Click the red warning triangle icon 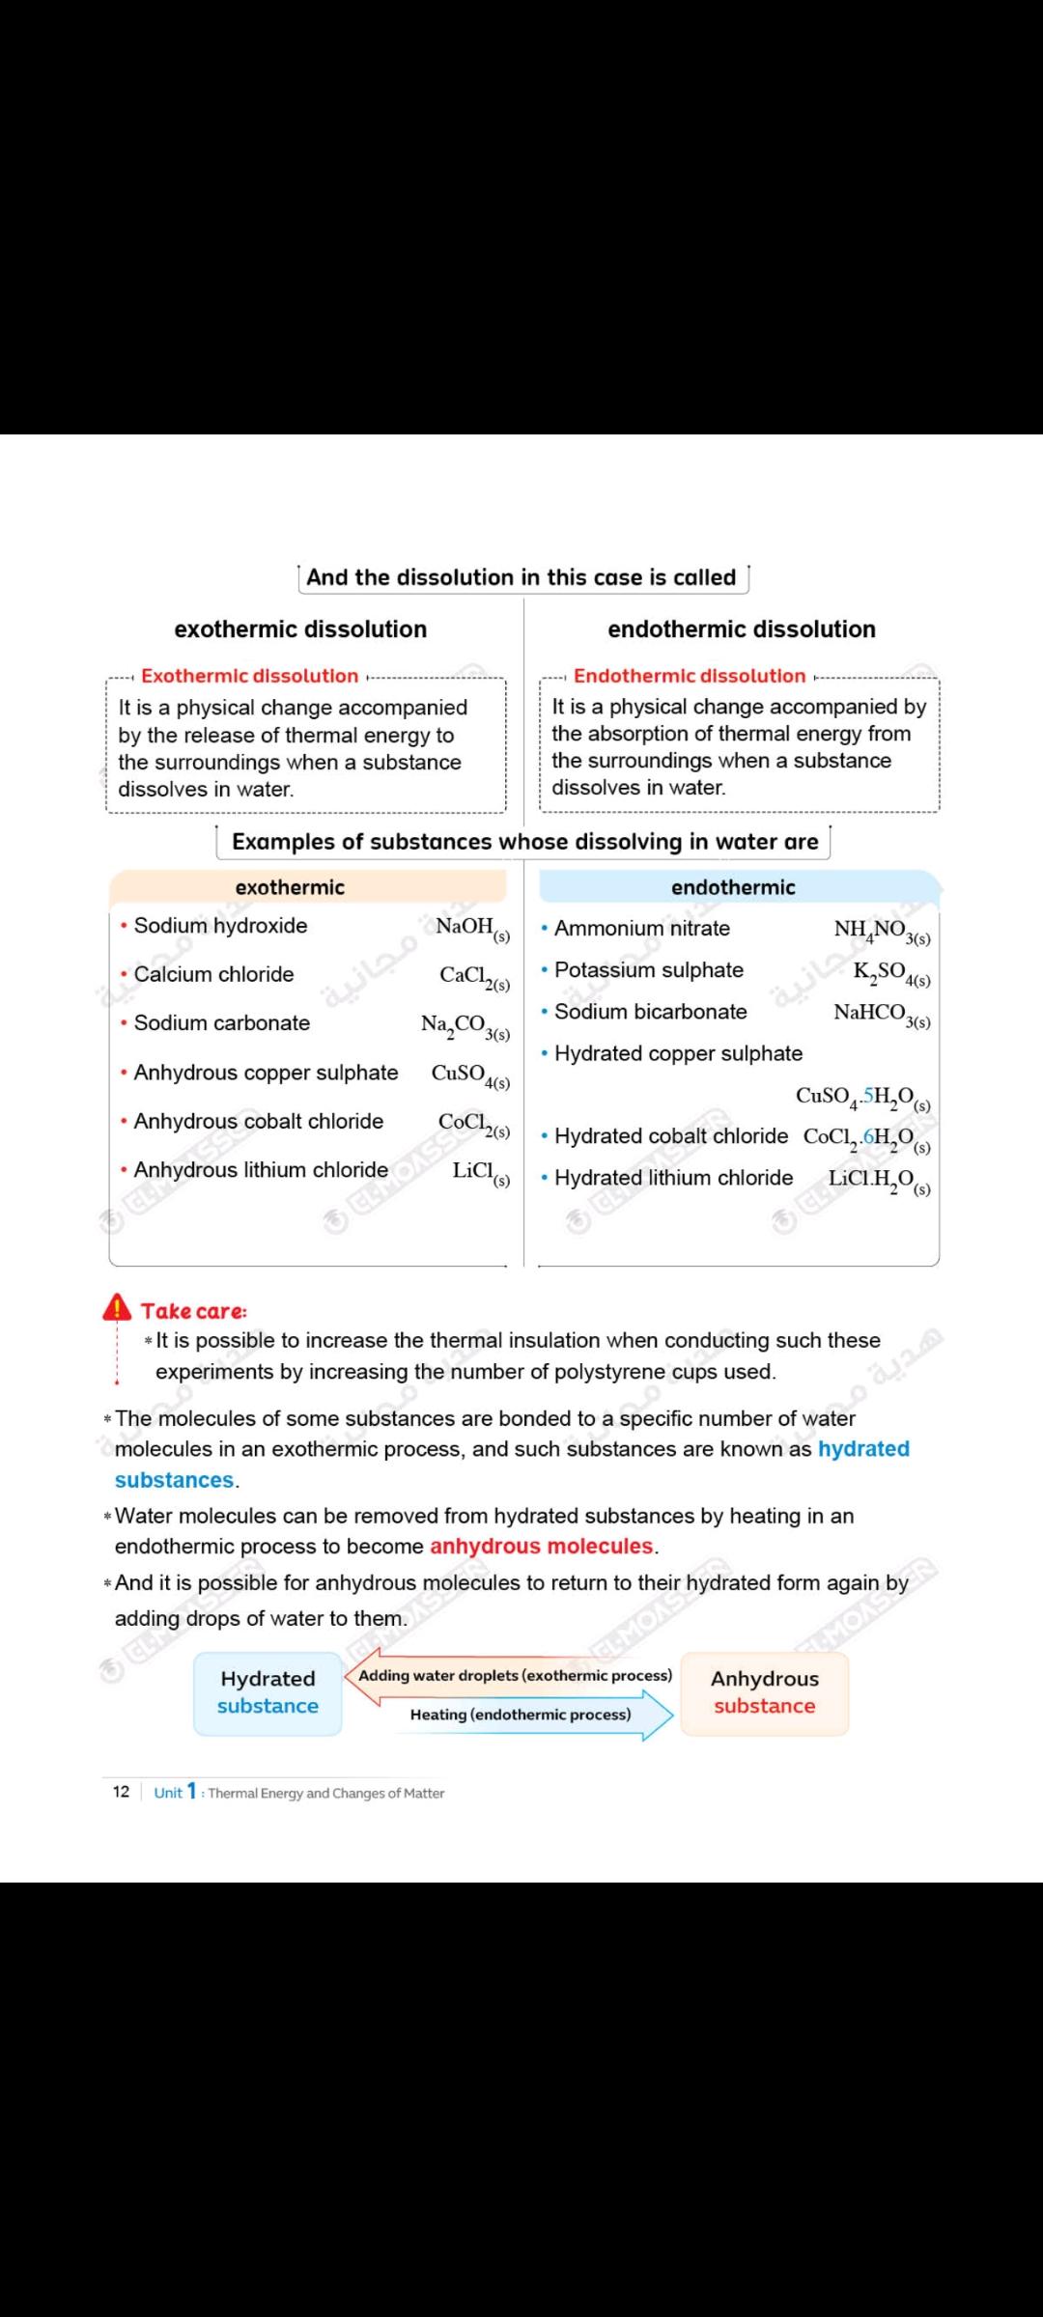click(117, 1307)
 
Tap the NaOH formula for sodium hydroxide click(472, 928)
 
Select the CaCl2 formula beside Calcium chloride click(474, 977)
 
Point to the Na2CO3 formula click(465, 1026)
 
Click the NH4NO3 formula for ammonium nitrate click(882, 931)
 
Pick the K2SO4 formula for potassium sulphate click(891, 972)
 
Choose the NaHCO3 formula click(882, 1014)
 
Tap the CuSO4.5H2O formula click(862, 1097)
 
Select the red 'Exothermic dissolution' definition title click(249, 676)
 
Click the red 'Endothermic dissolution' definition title click(690, 676)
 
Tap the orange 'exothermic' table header click(290, 887)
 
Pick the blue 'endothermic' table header click(734, 887)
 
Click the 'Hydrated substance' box click(268, 1692)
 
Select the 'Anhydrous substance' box click(765, 1692)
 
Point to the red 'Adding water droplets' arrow click(512, 1676)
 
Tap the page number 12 click(121, 1792)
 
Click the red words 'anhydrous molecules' click(541, 1546)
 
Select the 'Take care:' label click(193, 1311)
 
